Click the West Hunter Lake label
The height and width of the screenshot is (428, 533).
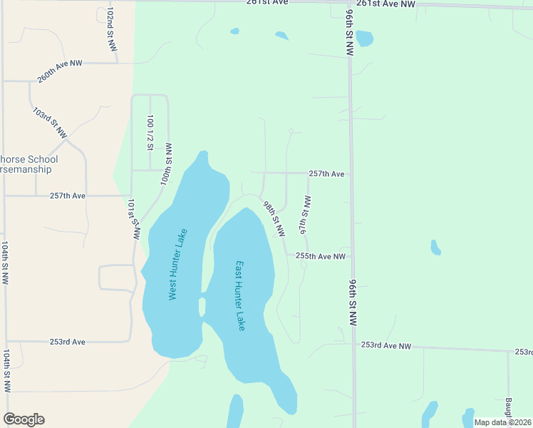tap(177, 264)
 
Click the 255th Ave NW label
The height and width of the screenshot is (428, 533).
tap(321, 256)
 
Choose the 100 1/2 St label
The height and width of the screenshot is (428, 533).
tap(150, 133)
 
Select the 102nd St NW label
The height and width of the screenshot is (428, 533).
tap(110, 29)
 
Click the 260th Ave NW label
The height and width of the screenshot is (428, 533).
tap(60, 72)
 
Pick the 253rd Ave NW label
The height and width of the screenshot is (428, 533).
tap(386, 346)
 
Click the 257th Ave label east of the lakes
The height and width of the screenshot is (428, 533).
tap(326, 174)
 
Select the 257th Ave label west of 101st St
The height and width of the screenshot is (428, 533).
tap(68, 196)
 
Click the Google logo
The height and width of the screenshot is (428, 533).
tap(24, 419)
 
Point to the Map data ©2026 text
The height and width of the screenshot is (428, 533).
tap(502, 422)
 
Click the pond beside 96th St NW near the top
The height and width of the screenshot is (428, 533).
tap(363, 38)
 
